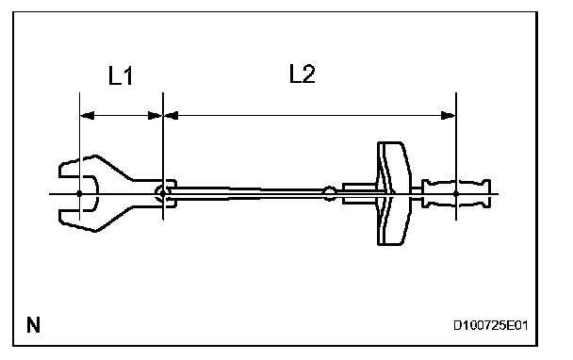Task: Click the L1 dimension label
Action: [121, 76]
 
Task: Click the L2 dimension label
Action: [302, 74]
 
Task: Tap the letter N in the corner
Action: [33, 324]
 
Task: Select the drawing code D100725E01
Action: [490, 325]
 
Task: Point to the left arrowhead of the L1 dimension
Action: [87, 116]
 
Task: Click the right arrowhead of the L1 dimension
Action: [155, 116]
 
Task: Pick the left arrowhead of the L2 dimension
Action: [171, 116]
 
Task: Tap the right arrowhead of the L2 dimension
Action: [449, 116]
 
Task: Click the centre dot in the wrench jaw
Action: [79, 194]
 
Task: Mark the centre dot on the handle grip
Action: [456, 194]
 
